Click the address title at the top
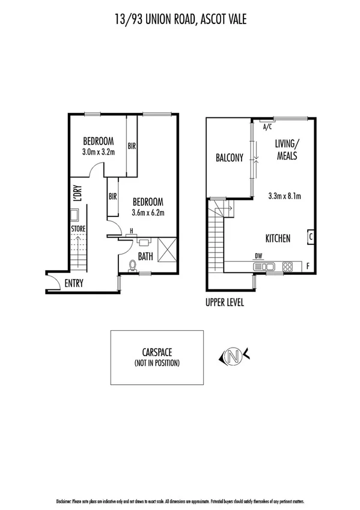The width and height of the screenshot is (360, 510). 180,20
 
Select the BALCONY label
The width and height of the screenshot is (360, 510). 229,158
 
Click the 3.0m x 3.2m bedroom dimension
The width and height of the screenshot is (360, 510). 98,153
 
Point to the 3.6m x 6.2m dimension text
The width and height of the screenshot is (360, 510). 148,212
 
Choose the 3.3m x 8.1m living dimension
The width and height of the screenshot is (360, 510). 284,195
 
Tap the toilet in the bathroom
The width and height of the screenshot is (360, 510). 133,264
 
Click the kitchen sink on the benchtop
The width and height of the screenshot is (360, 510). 269,266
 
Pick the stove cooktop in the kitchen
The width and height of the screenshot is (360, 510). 288,266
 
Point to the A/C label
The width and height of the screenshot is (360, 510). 267,127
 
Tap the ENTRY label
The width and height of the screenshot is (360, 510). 74,284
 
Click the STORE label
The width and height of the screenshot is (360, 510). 78,229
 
